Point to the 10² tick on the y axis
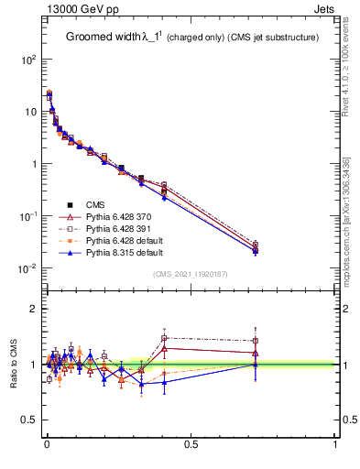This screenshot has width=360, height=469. (28, 59)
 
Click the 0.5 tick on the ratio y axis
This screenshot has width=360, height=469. (29, 420)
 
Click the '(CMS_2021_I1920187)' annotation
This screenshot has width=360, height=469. (191, 274)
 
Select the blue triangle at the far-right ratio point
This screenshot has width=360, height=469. (256, 365)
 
